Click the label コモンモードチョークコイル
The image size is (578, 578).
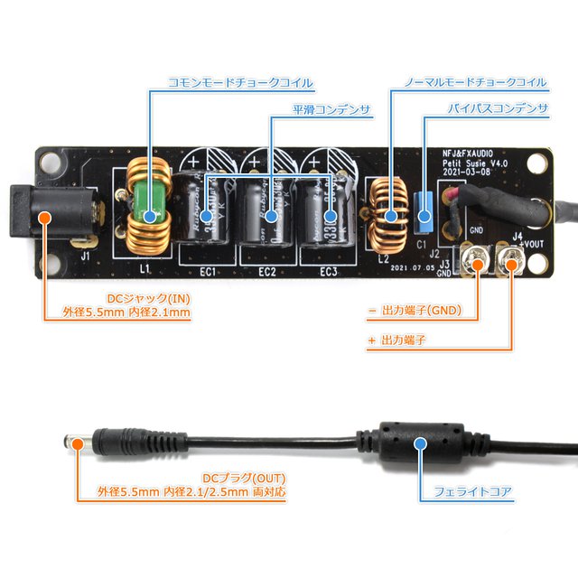click(240, 83)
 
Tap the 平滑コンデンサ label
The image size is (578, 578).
click(331, 109)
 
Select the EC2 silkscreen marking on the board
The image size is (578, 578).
click(266, 271)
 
